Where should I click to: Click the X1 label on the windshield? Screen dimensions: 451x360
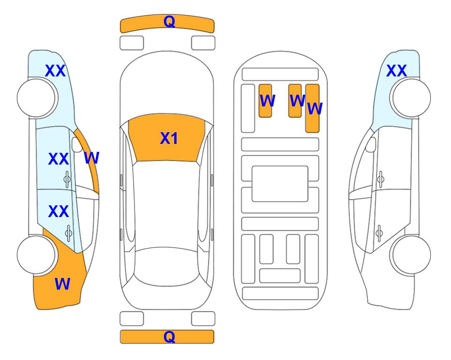click(169, 138)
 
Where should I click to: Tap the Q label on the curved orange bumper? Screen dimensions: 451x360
click(170, 22)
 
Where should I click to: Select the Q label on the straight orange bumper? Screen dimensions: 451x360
click(170, 337)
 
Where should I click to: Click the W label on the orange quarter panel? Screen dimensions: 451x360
click(62, 284)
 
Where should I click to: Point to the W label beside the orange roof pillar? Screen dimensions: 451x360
click(91, 157)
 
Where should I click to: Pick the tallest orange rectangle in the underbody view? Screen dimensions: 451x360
click(312, 108)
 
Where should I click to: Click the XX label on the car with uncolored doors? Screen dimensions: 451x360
click(396, 71)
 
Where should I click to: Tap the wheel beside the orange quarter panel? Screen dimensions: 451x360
click(36, 255)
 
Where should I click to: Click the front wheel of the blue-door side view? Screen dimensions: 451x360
click(36, 98)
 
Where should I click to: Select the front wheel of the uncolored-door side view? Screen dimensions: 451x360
click(411, 98)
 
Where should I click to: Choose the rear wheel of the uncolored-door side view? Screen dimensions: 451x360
click(411, 255)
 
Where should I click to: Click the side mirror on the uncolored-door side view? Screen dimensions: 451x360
click(370, 144)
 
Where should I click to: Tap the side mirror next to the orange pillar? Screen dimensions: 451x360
click(77, 144)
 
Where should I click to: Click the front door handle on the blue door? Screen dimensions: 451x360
click(67, 180)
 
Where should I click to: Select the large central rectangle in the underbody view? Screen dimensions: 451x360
click(280, 184)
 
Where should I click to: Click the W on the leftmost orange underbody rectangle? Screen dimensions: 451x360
click(267, 100)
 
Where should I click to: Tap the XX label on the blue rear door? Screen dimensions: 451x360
click(59, 211)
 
